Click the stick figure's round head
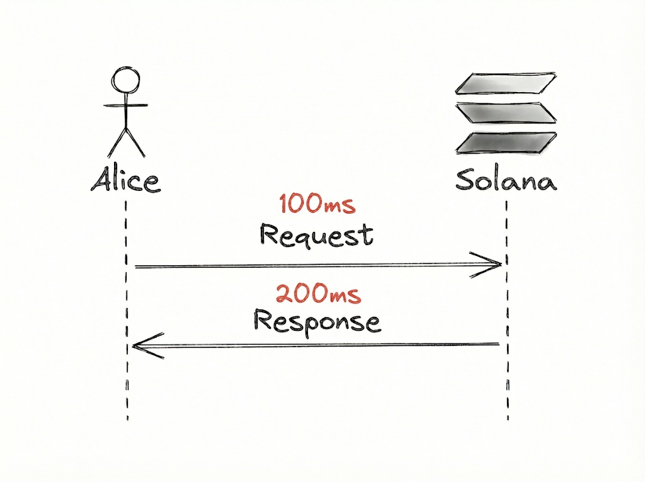[125, 81]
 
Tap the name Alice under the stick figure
[125, 180]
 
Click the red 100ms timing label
[317, 204]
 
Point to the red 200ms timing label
[318, 294]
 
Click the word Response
[317, 321]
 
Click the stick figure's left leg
[117, 143]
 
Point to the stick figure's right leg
[135, 143]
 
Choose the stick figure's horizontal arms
[126, 105]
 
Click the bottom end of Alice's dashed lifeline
[127, 417]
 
